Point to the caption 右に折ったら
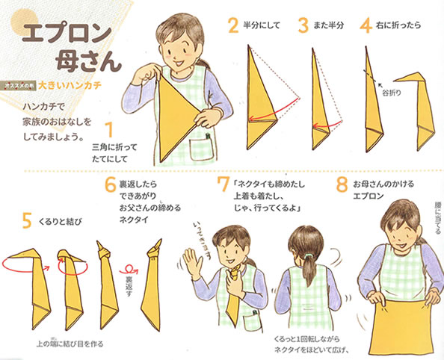click(401, 25)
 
